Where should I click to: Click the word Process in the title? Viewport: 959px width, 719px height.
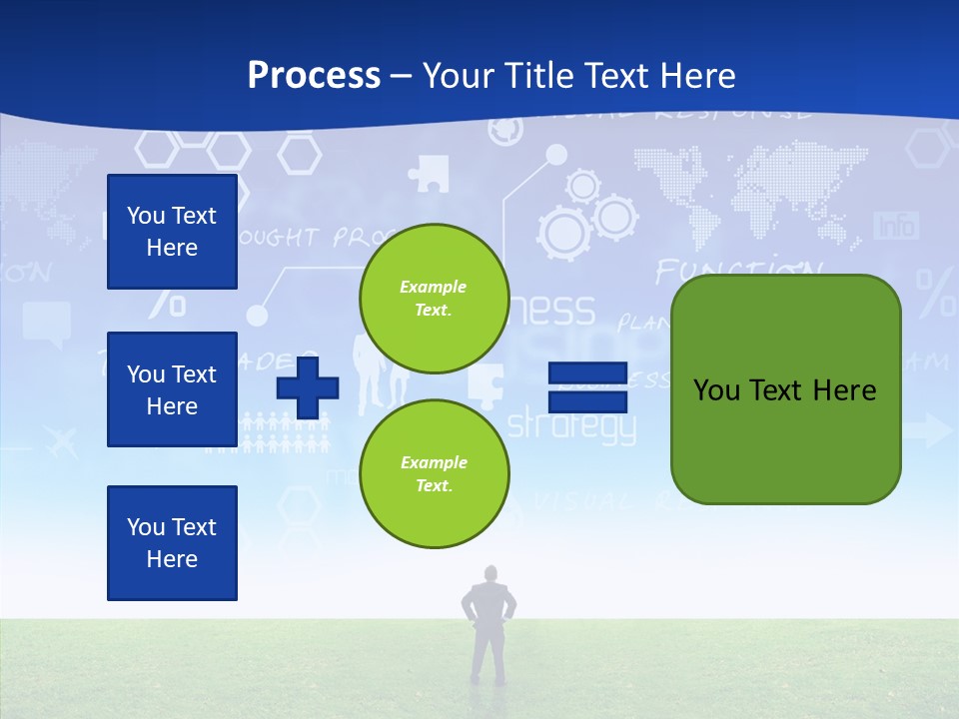[x=314, y=76]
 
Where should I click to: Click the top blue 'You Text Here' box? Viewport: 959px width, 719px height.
[x=172, y=232]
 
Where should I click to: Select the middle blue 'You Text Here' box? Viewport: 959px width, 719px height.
[x=172, y=389]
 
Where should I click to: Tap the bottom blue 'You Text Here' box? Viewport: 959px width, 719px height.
[x=172, y=543]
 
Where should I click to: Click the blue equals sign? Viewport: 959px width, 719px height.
[x=587, y=387]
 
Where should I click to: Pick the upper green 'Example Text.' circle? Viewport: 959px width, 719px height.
[x=434, y=299]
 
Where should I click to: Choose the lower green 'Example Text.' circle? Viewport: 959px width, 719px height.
[x=434, y=474]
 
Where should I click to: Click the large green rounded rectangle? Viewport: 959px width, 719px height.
[x=786, y=389]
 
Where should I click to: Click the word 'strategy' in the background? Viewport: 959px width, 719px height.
[x=571, y=425]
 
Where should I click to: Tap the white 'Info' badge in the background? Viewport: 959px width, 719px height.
[x=896, y=226]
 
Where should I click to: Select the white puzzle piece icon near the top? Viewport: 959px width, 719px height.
[x=429, y=173]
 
